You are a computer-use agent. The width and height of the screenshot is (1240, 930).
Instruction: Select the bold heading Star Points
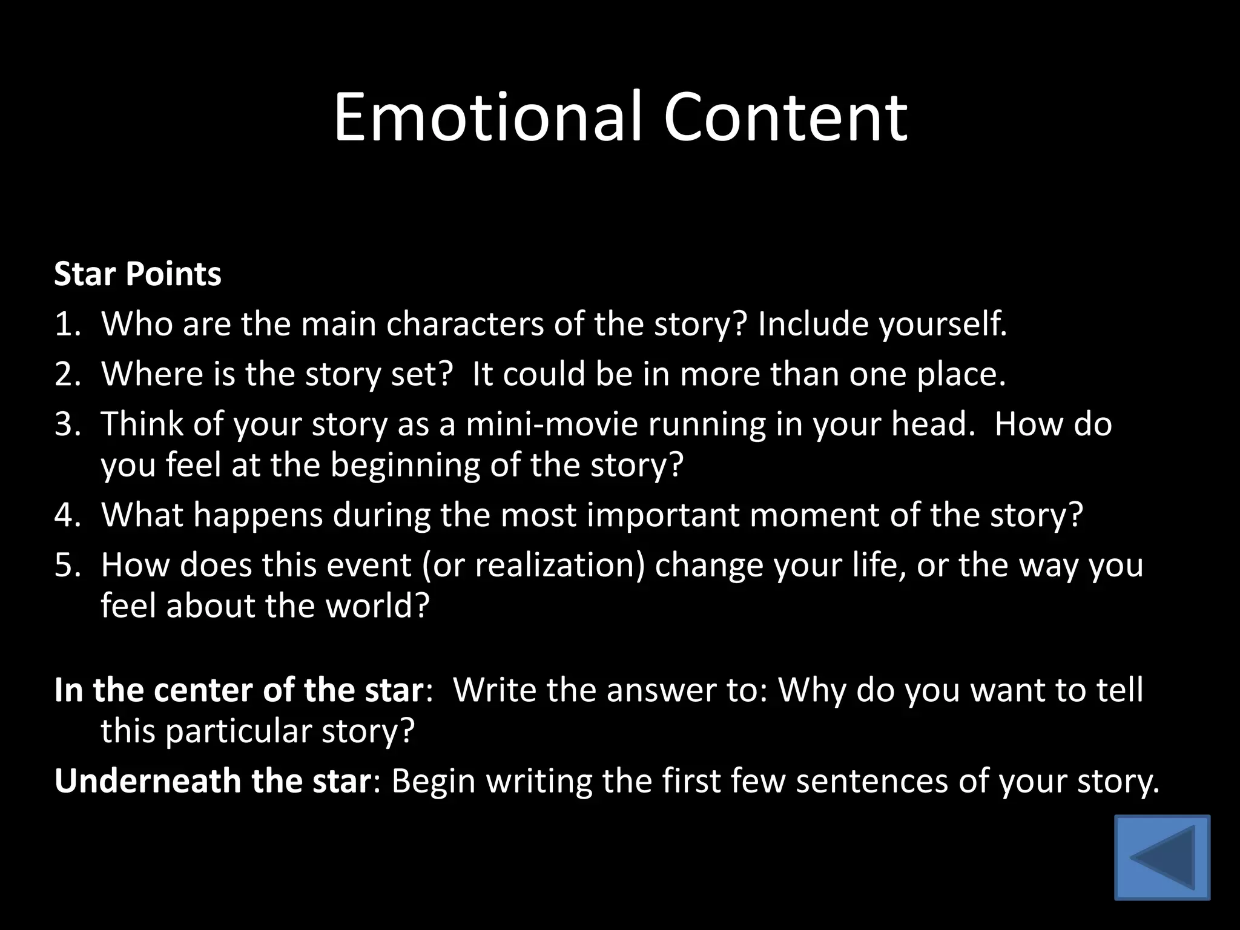tap(137, 274)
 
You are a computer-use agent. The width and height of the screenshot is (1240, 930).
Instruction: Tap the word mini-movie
tap(552, 424)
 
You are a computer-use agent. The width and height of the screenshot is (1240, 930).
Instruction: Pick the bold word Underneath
tap(148, 781)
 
